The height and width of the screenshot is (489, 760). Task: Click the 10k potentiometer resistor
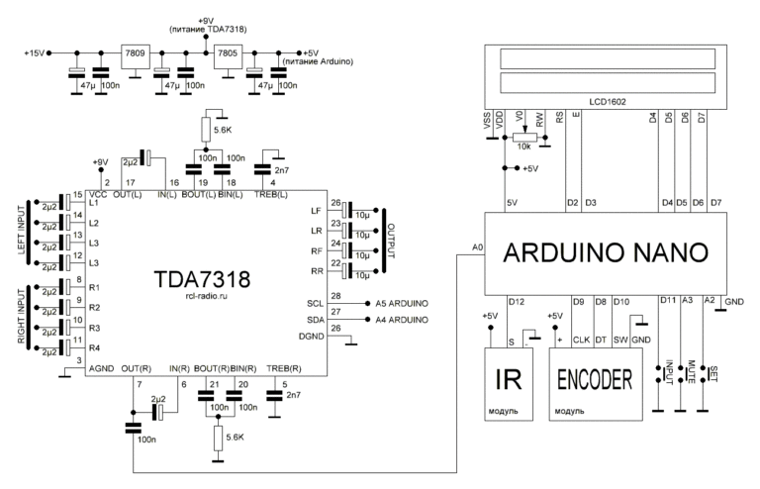click(524, 139)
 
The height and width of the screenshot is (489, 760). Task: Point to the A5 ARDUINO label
click(401, 302)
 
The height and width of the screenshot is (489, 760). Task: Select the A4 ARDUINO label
click(401, 321)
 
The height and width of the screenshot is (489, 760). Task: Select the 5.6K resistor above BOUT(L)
click(206, 130)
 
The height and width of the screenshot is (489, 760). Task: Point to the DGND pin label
click(313, 341)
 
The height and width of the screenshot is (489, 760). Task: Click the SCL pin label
click(316, 302)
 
